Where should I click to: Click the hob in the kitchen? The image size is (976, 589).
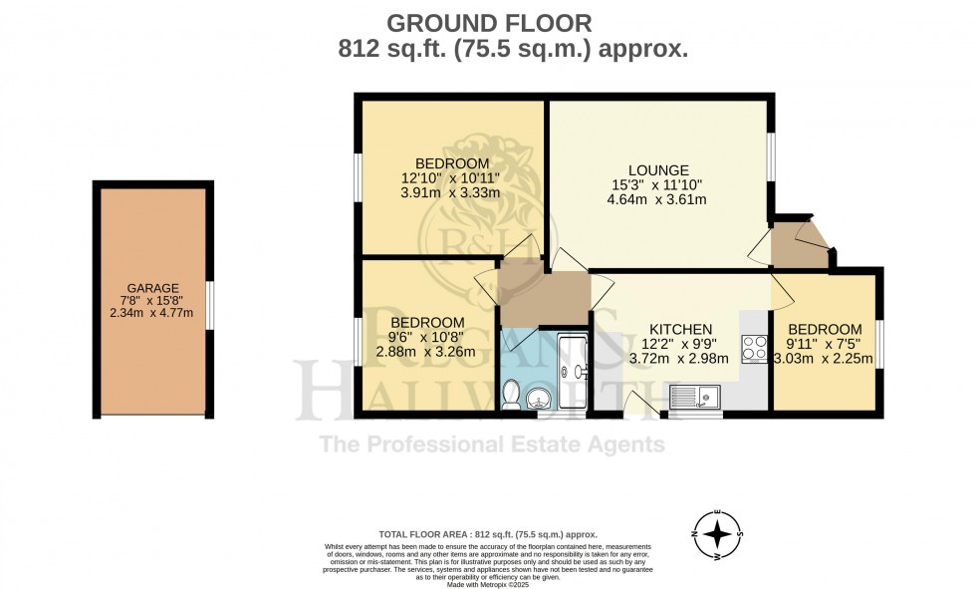(x=754, y=348)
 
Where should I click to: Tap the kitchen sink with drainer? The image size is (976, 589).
(x=695, y=397)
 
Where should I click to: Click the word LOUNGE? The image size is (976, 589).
(x=658, y=170)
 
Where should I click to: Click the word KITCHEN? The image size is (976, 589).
(x=680, y=329)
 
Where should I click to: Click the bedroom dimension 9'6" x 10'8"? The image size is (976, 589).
(x=426, y=337)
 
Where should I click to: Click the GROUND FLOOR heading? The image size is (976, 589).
(x=488, y=22)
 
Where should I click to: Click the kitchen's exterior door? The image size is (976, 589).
(x=637, y=405)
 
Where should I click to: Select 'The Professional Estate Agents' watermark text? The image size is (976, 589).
(x=491, y=443)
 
